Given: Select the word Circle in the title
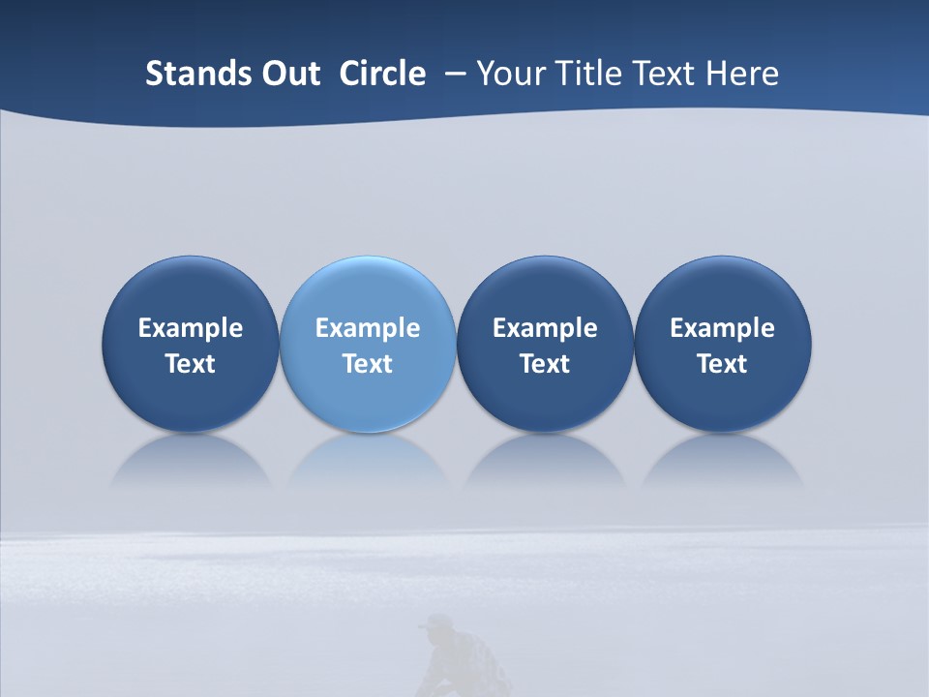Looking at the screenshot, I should (x=382, y=74).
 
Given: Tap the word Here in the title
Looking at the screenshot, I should (x=744, y=74).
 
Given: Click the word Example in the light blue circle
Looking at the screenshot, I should (x=368, y=328).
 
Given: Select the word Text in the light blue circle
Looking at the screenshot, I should (x=368, y=364).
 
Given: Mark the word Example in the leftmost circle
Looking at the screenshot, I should (x=191, y=328).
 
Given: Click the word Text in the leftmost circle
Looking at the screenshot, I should (x=191, y=364).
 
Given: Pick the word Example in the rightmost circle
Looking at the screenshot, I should (x=722, y=328).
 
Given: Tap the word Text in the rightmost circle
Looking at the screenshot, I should (x=722, y=364).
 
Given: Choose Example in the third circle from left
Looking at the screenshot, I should (x=545, y=328).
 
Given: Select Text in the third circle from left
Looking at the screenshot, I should (x=545, y=364).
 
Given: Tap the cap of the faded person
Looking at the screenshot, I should (x=440, y=622).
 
